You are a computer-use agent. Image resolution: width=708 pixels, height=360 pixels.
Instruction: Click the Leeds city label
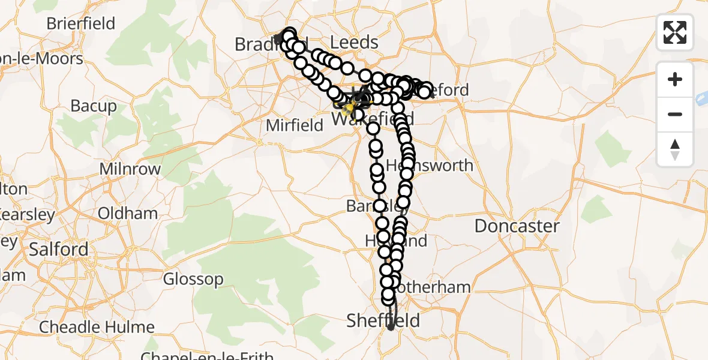(355, 43)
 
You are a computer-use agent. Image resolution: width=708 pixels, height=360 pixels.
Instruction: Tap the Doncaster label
(517, 226)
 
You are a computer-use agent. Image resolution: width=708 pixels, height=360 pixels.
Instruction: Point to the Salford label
(59, 249)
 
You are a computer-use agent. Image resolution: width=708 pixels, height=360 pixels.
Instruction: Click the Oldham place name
(128, 214)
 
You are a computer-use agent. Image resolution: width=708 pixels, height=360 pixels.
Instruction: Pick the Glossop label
(193, 279)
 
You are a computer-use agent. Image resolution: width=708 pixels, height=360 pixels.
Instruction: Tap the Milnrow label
(130, 169)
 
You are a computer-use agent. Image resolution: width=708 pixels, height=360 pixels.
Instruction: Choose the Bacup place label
(94, 106)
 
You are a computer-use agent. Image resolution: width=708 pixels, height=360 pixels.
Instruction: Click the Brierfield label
(81, 23)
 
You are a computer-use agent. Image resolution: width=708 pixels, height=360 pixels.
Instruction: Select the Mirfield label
(295, 125)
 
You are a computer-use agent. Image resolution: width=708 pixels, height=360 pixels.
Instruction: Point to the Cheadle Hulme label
(97, 328)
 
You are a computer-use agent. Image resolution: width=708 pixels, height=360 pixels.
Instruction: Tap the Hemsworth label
(430, 165)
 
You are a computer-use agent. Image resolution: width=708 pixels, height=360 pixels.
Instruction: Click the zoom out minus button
(675, 114)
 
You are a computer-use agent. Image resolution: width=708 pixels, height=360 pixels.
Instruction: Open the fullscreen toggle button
(675, 32)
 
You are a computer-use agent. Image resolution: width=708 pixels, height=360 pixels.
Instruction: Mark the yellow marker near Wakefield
(348, 108)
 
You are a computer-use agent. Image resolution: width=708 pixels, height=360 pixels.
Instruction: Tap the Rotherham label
(433, 287)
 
